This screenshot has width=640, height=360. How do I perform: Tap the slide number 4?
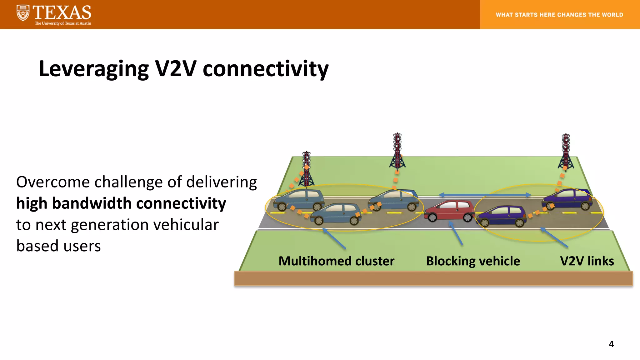(611, 344)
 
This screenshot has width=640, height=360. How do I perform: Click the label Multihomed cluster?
(336, 261)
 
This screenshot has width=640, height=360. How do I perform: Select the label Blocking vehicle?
(473, 261)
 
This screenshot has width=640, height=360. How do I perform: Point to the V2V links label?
(587, 261)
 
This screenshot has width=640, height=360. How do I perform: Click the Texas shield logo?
(23, 13)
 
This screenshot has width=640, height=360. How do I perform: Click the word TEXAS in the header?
(62, 12)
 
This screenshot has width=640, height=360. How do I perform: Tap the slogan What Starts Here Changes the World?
(559, 15)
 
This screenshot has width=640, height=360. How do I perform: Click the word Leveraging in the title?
(94, 69)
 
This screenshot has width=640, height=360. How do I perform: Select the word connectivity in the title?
(266, 69)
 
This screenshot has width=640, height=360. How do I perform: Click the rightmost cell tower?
(566, 152)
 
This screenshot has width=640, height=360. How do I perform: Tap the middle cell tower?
(397, 151)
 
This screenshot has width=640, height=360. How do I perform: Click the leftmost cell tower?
(307, 169)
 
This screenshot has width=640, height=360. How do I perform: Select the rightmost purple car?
(567, 199)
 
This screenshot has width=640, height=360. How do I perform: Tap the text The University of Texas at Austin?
(63, 23)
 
